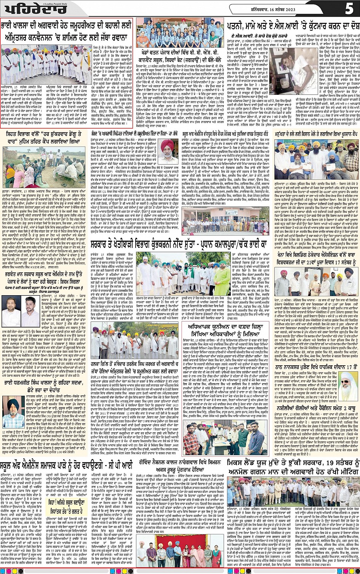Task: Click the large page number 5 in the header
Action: tap(349, 8)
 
